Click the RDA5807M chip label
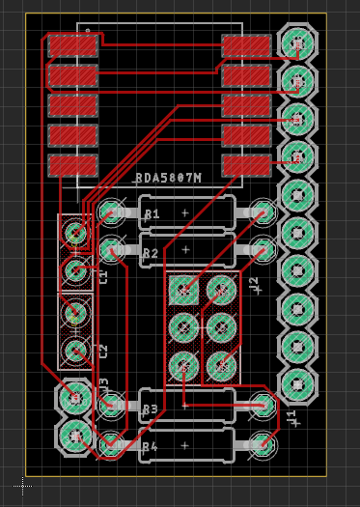point(168,178)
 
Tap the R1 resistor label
point(151,212)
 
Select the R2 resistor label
point(151,254)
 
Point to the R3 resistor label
point(150,409)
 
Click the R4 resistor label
point(150,447)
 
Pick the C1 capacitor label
point(102,276)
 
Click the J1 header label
point(291,418)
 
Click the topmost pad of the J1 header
point(296,42)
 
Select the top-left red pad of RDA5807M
point(73,45)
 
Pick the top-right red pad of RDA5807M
point(246,45)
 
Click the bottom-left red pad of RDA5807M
point(73,165)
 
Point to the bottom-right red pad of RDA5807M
point(246,165)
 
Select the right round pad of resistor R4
point(262,444)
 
